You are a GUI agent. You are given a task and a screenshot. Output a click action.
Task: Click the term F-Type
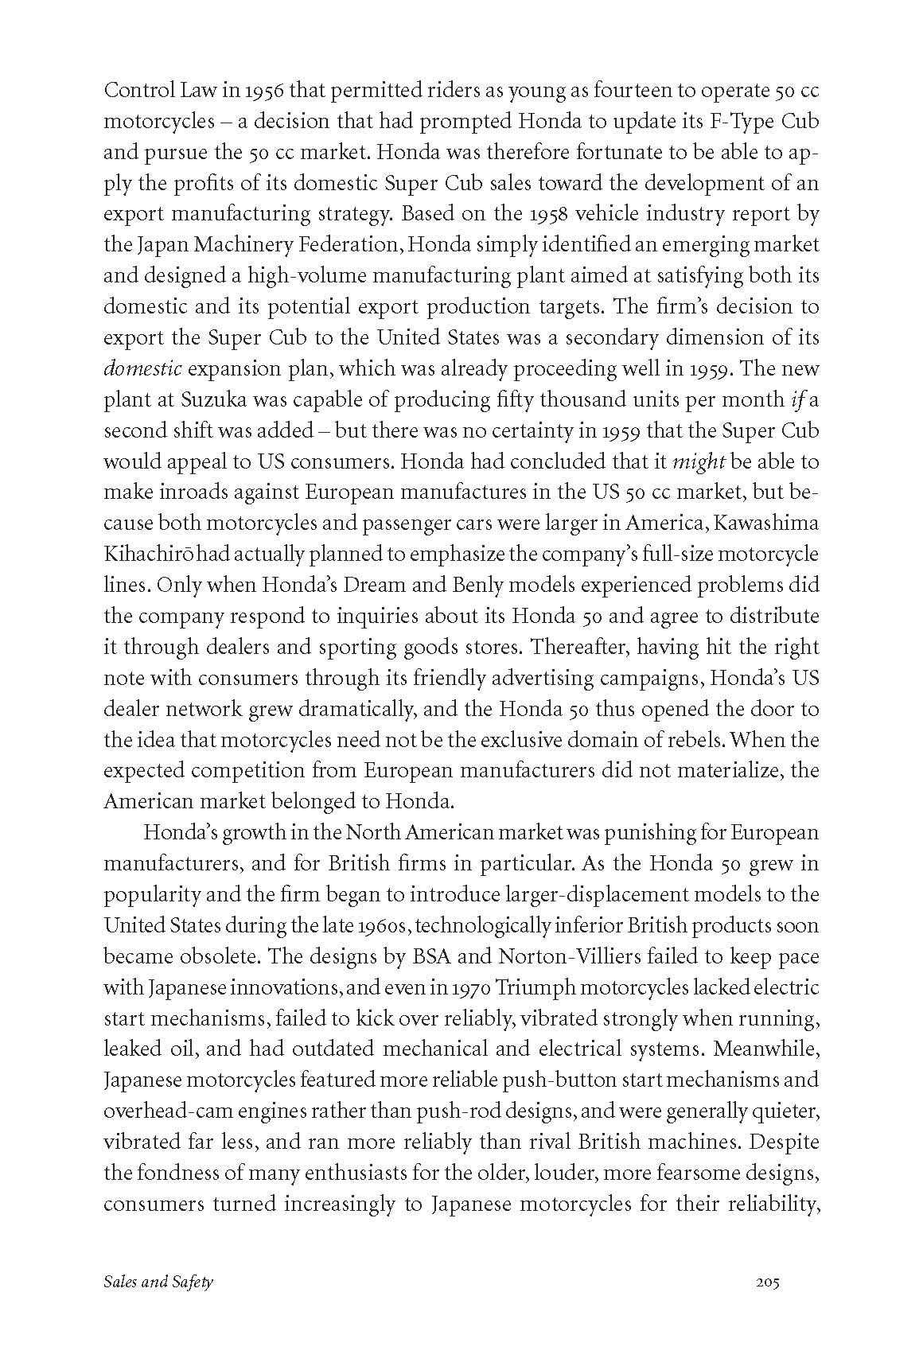click(x=725, y=122)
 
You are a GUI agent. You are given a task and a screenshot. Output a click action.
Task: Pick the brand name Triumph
click(x=541, y=987)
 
